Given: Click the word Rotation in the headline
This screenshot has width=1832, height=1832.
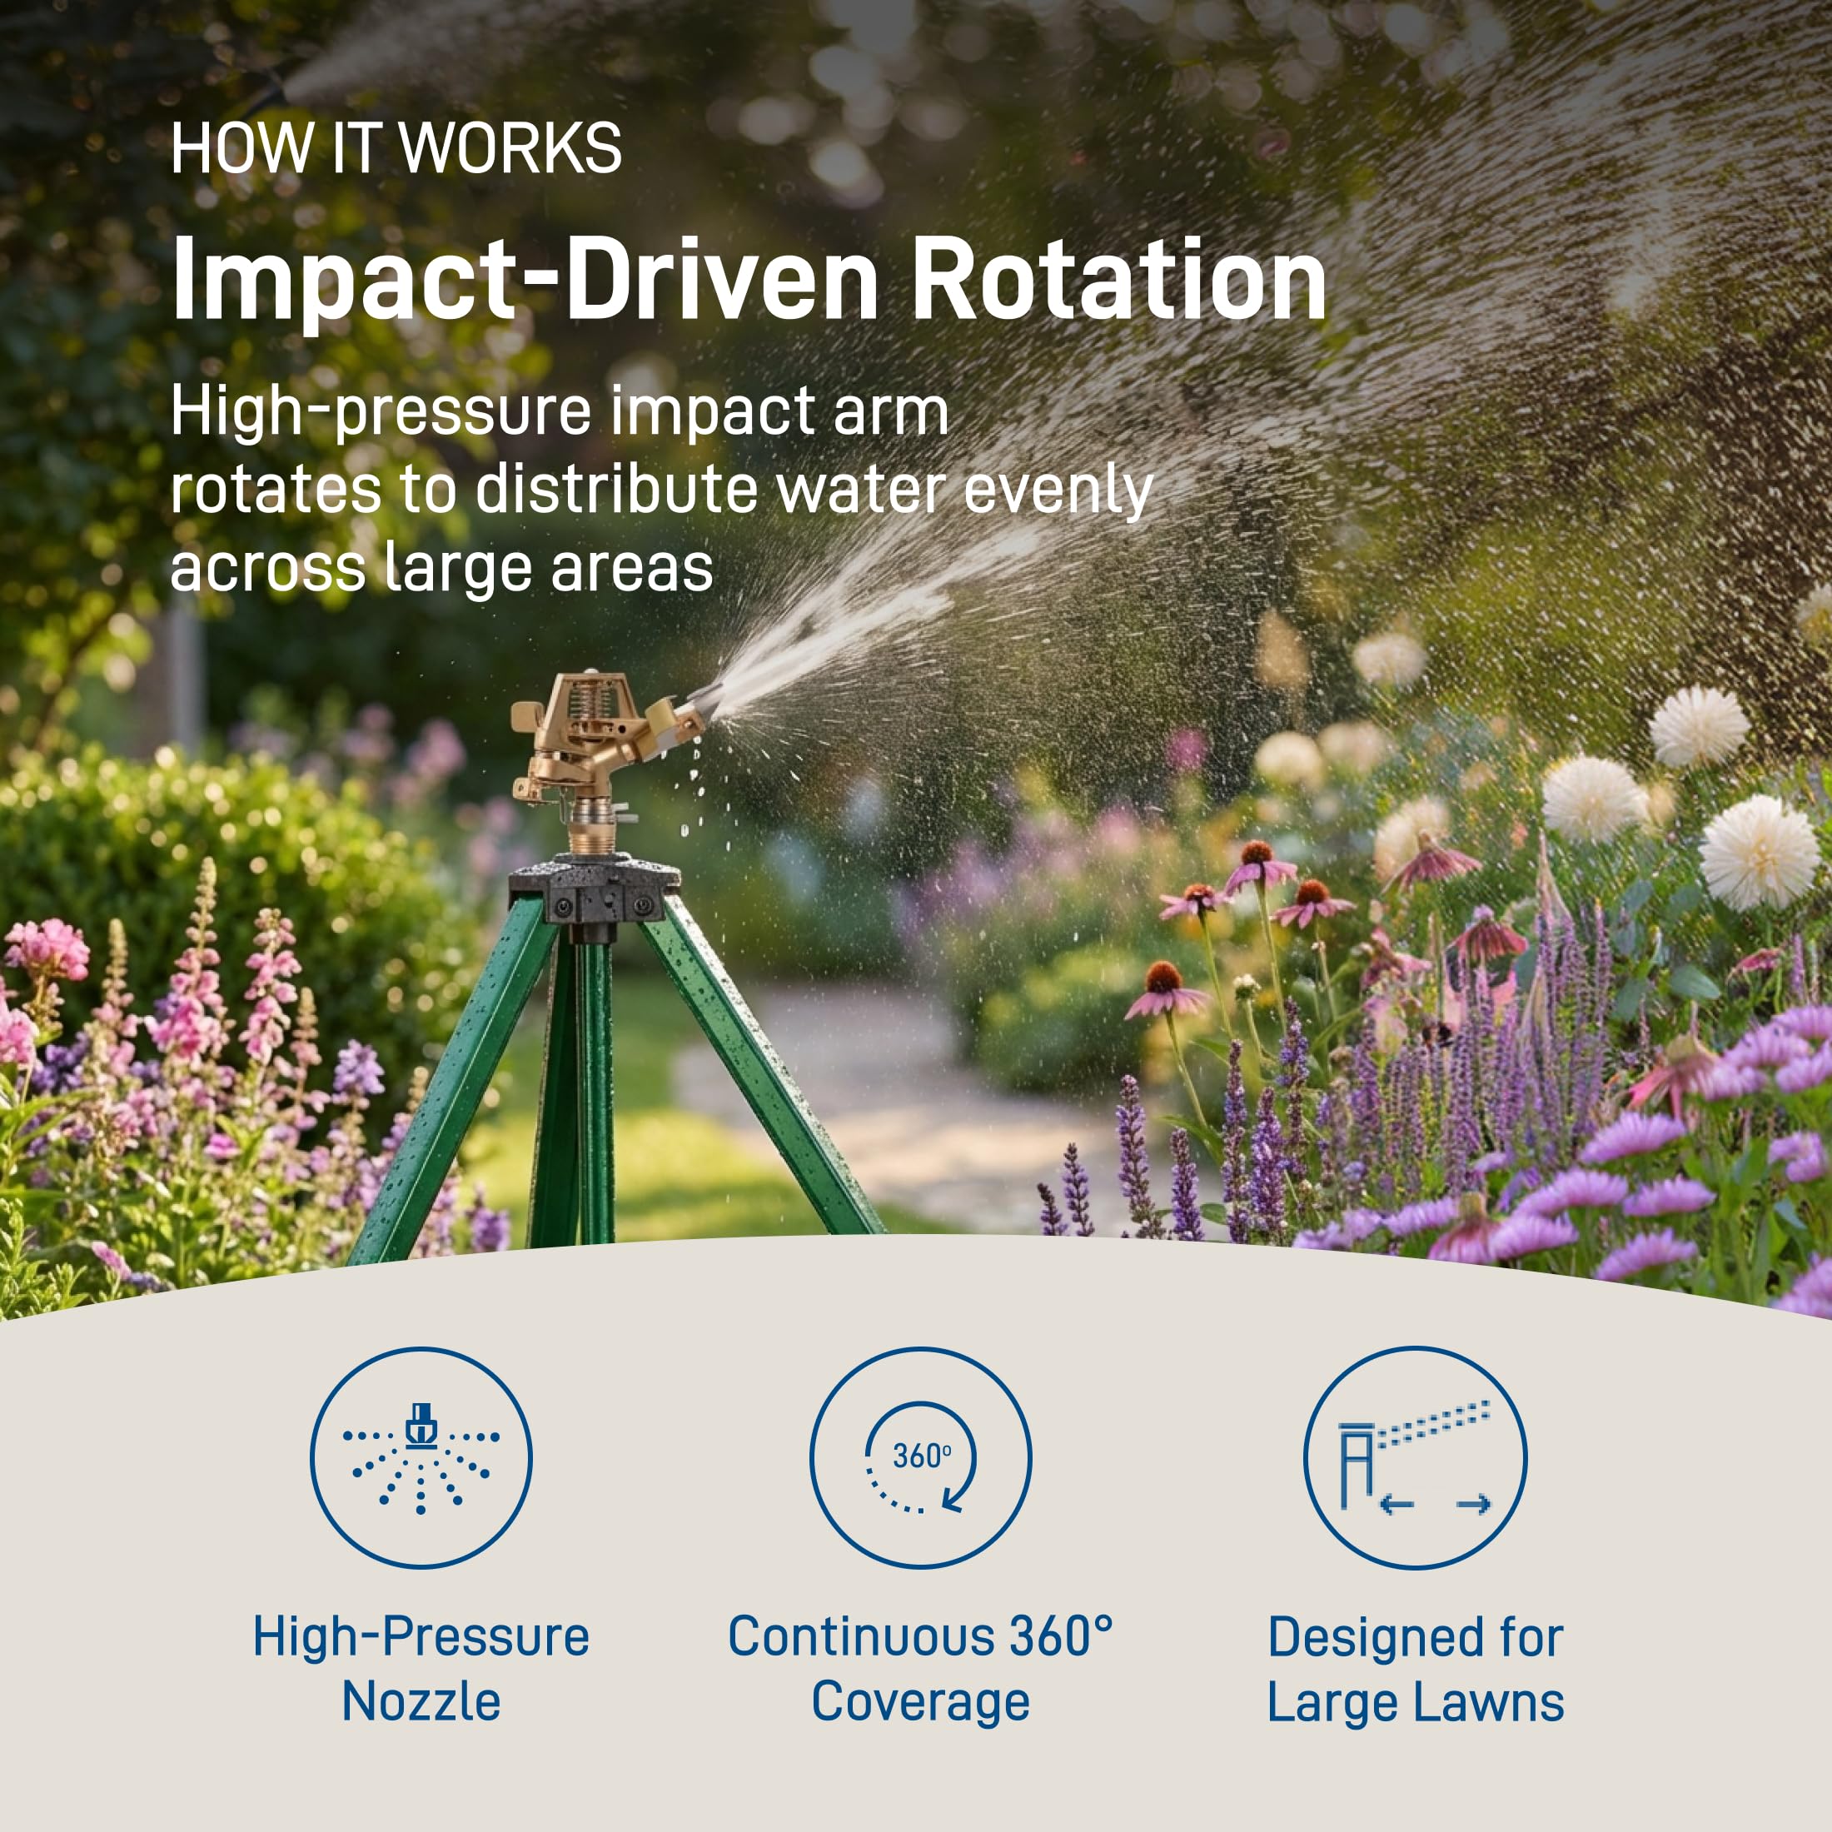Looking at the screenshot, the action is point(1119,281).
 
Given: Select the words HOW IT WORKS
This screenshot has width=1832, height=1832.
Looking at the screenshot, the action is point(396,149).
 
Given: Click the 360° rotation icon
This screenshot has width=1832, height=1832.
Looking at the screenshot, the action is point(920,1457).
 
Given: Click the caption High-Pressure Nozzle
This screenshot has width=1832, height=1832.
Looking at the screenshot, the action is point(421,1669).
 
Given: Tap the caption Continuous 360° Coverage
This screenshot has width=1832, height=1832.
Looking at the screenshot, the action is point(920,1669).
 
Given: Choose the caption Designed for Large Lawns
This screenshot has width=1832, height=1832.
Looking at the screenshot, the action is point(1415,1669).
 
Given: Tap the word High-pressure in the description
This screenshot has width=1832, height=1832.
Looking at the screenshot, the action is point(381,413).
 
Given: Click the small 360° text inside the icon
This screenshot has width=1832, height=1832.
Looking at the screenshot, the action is point(922,1455).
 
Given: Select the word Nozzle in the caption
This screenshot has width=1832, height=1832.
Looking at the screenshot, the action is point(421,1701).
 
